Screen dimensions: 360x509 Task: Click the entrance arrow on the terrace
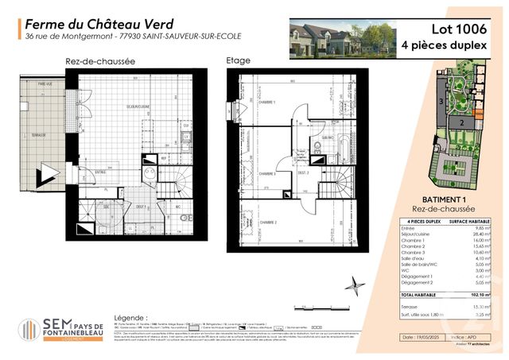[x=49, y=174]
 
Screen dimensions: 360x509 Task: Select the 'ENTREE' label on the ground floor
[x=101, y=171]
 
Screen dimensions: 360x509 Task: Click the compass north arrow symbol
[x=358, y=285]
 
